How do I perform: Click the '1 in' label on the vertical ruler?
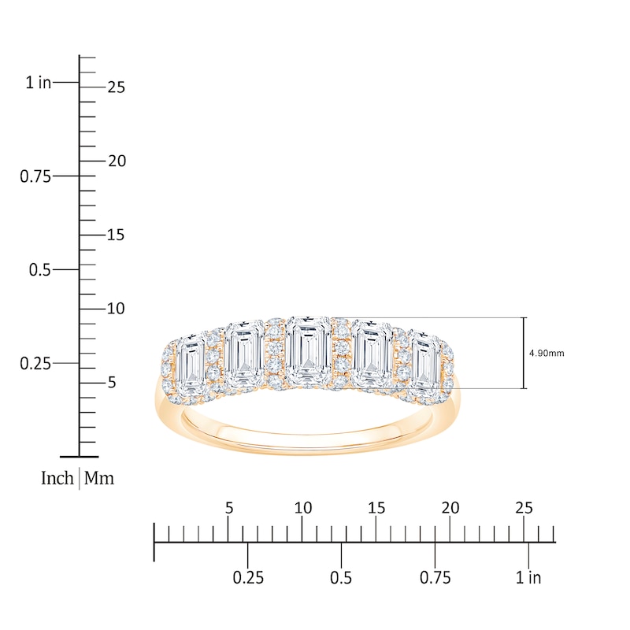click(38, 82)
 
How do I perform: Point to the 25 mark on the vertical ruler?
click(116, 87)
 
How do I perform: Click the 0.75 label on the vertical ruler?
click(35, 176)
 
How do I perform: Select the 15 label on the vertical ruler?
click(116, 235)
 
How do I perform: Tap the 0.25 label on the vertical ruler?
click(35, 363)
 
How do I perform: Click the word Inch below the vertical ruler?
click(57, 478)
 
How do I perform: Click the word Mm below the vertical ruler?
click(99, 478)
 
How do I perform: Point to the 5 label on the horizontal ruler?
click(228, 509)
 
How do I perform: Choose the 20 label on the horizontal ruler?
click(450, 509)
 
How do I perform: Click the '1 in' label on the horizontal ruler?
click(529, 578)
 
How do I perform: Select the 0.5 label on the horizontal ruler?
click(341, 578)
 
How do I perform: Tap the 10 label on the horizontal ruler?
click(302, 509)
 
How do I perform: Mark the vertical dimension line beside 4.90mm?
click(524, 353)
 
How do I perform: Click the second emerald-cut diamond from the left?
click(246, 353)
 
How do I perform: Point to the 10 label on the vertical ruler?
click(116, 309)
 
